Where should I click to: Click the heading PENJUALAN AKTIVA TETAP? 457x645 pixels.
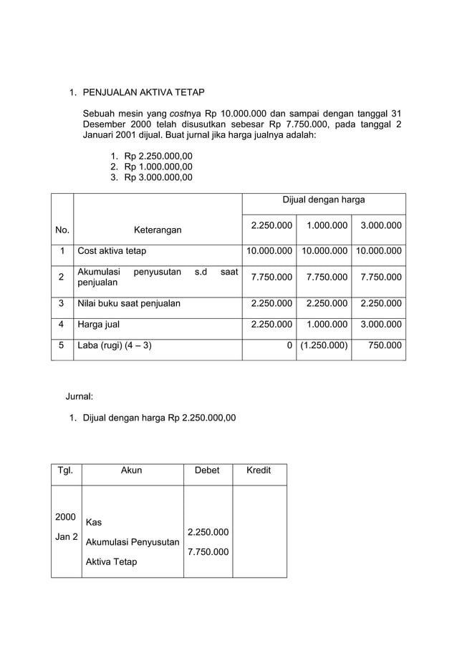pyautogui.click(x=144, y=92)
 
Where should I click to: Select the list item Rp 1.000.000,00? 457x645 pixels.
pyautogui.click(x=158, y=167)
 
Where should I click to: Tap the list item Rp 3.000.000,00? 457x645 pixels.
pyautogui.click(x=158, y=177)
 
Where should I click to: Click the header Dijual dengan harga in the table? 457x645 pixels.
pyautogui.click(x=324, y=200)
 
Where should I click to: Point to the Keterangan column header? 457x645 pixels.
pyautogui.click(x=158, y=230)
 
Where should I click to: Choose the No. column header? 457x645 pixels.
pyautogui.click(x=62, y=230)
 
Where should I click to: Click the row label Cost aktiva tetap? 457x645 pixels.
pyautogui.click(x=112, y=251)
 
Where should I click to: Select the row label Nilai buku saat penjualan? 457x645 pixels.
pyautogui.click(x=129, y=303)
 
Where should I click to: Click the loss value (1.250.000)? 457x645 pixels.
pyautogui.click(x=324, y=346)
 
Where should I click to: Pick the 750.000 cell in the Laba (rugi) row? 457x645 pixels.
pyautogui.click(x=385, y=346)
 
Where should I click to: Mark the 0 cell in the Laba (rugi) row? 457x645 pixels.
pyautogui.click(x=289, y=346)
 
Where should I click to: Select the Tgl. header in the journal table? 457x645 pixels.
pyautogui.click(x=65, y=470)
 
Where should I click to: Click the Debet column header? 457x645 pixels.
pyautogui.click(x=208, y=470)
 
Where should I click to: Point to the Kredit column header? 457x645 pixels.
pyautogui.click(x=258, y=470)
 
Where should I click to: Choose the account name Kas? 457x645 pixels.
pyautogui.click(x=94, y=522)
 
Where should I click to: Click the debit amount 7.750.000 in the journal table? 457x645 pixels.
pyautogui.click(x=208, y=552)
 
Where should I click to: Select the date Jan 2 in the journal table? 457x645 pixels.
pyautogui.click(x=66, y=536)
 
